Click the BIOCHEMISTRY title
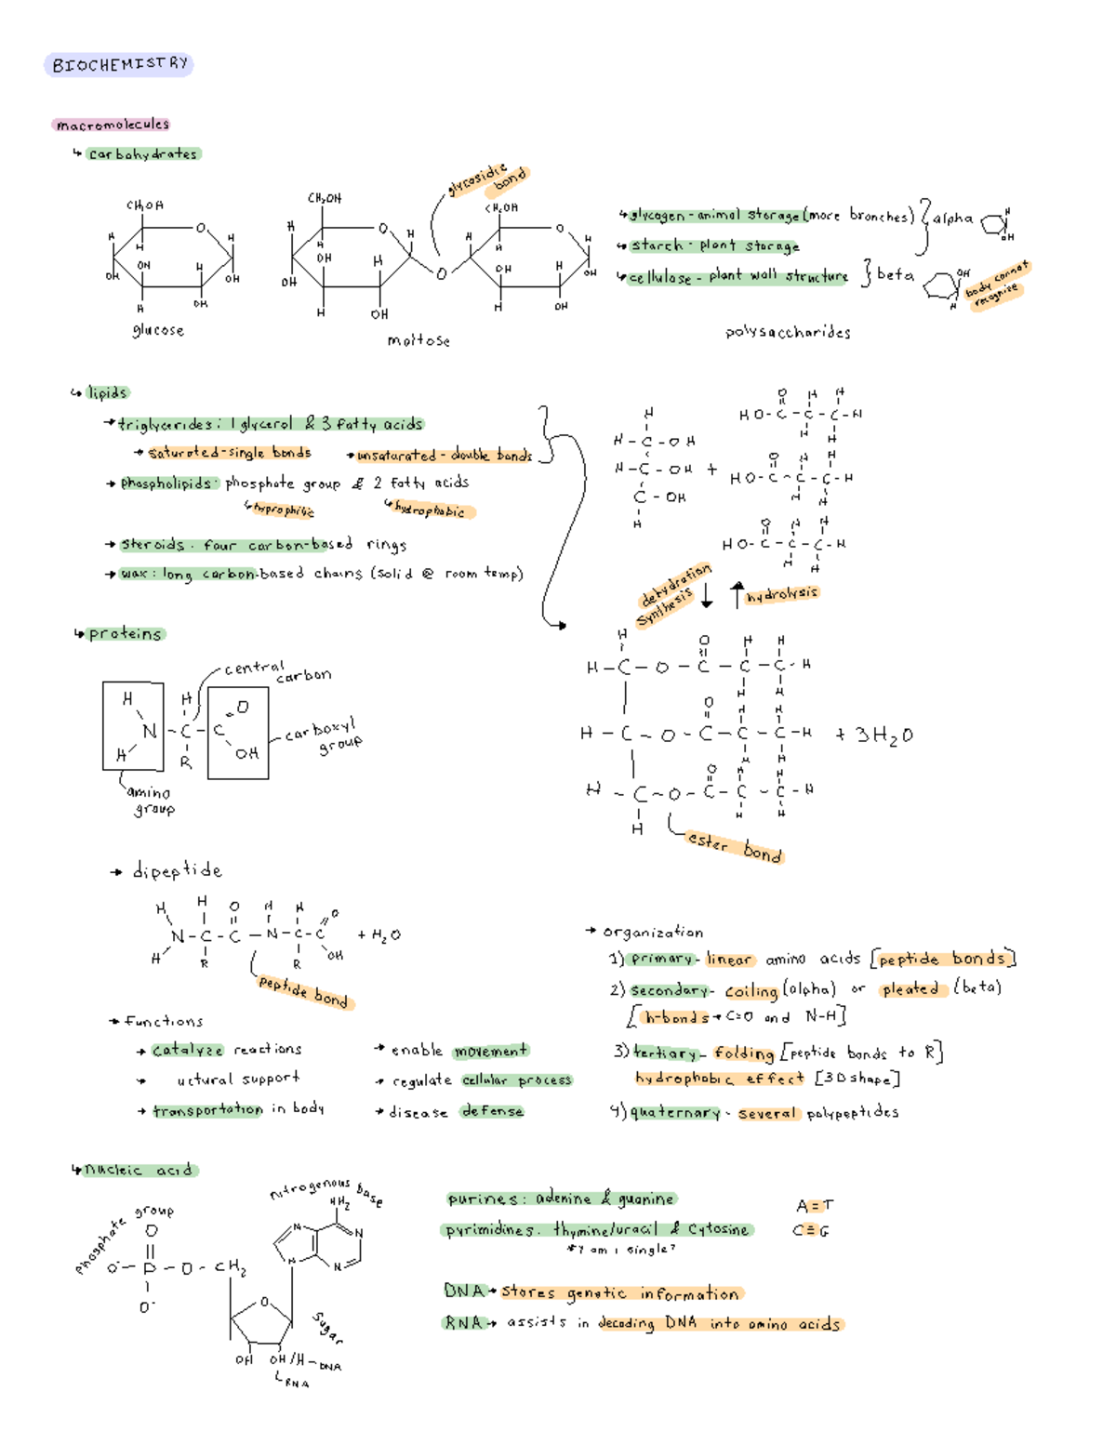pyautogui.click(x=119, y=64)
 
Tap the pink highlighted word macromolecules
pyautogui.click(x=112, y=125)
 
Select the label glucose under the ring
pyautogui.click(x=158, y=330)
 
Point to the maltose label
pyautogui.click(x=418, y=340)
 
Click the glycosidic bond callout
pyautogui.click(x=489, y=179)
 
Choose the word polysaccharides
pyautogui.click(x=788, y=332)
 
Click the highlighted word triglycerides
pyautogui.click(x=165, y=424)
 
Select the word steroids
pyautogui.click(x=152, y=545)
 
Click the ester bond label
pyautogui.click(x=735, y=846)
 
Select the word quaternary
pyautogui.click(x=675, y=1112)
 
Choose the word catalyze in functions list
pyautogui.click(x=187, y=1050)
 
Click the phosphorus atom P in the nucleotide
pyautogui.click(x=150, y=1268)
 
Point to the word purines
pyautogui.click(x=482, y=1199)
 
